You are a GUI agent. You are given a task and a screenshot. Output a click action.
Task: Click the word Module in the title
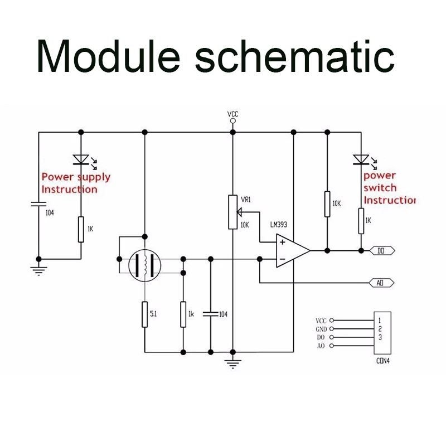[x=108, y=57]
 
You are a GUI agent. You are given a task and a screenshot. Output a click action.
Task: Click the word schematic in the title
[x=295, y=56]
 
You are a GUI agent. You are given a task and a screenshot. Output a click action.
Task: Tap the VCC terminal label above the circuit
[x=232, y=114]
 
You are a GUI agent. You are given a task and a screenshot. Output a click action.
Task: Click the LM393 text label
[x=278, y=225]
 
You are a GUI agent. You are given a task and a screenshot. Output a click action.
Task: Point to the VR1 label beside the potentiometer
[x=246, y=200]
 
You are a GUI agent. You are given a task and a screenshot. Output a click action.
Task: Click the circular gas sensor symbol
[x=145, y=265]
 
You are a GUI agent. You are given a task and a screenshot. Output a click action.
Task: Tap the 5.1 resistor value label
[x=153, y=314]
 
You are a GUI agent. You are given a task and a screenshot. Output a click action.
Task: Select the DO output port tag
[x=382, y=250]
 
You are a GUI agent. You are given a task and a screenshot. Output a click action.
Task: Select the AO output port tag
[x=381, y=283]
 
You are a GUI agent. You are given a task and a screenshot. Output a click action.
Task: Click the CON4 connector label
[x=383, y=361]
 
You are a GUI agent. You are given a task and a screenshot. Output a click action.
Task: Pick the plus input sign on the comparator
[x=283, y=243]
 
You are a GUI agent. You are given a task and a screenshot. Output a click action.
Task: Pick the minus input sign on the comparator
[x=283, y=259]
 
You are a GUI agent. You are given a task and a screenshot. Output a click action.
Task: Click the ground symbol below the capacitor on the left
[x=38, y=271]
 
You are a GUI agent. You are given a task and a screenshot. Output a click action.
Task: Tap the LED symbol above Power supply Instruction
[x=85, y=161]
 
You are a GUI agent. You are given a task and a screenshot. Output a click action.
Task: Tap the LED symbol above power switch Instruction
[x=365, y=161]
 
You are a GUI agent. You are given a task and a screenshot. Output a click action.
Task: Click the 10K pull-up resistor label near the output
[x=337, y=203]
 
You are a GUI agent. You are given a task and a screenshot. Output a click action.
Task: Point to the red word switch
[x=380, y=188]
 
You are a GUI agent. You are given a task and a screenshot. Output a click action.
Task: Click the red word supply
[x=94, y=178]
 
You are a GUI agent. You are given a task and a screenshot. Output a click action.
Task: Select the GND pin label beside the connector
[x=321, y=329]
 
